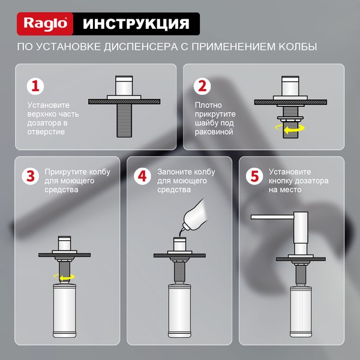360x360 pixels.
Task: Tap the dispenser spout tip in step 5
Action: pyautogui.click(x=254, y=215)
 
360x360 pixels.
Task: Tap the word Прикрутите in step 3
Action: pyautogui.click(x=64, y=171)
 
